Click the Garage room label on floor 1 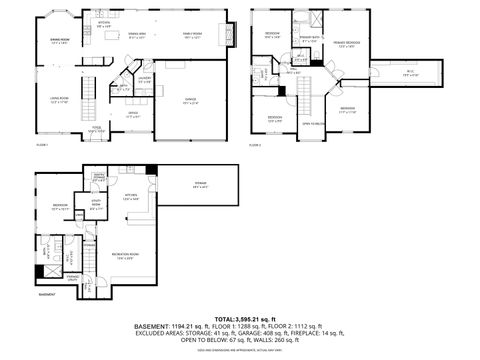tap(190, 100)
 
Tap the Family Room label tap(191, 36)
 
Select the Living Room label tap(59, 99)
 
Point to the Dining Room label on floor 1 tap(59, 41)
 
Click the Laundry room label tap(145, 79)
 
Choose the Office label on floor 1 tap(133, 114)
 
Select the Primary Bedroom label tap(347, 45)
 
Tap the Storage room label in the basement tap(201, 184)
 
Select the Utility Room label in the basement tap(97, 208)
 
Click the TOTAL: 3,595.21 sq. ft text tap(239, 319)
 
